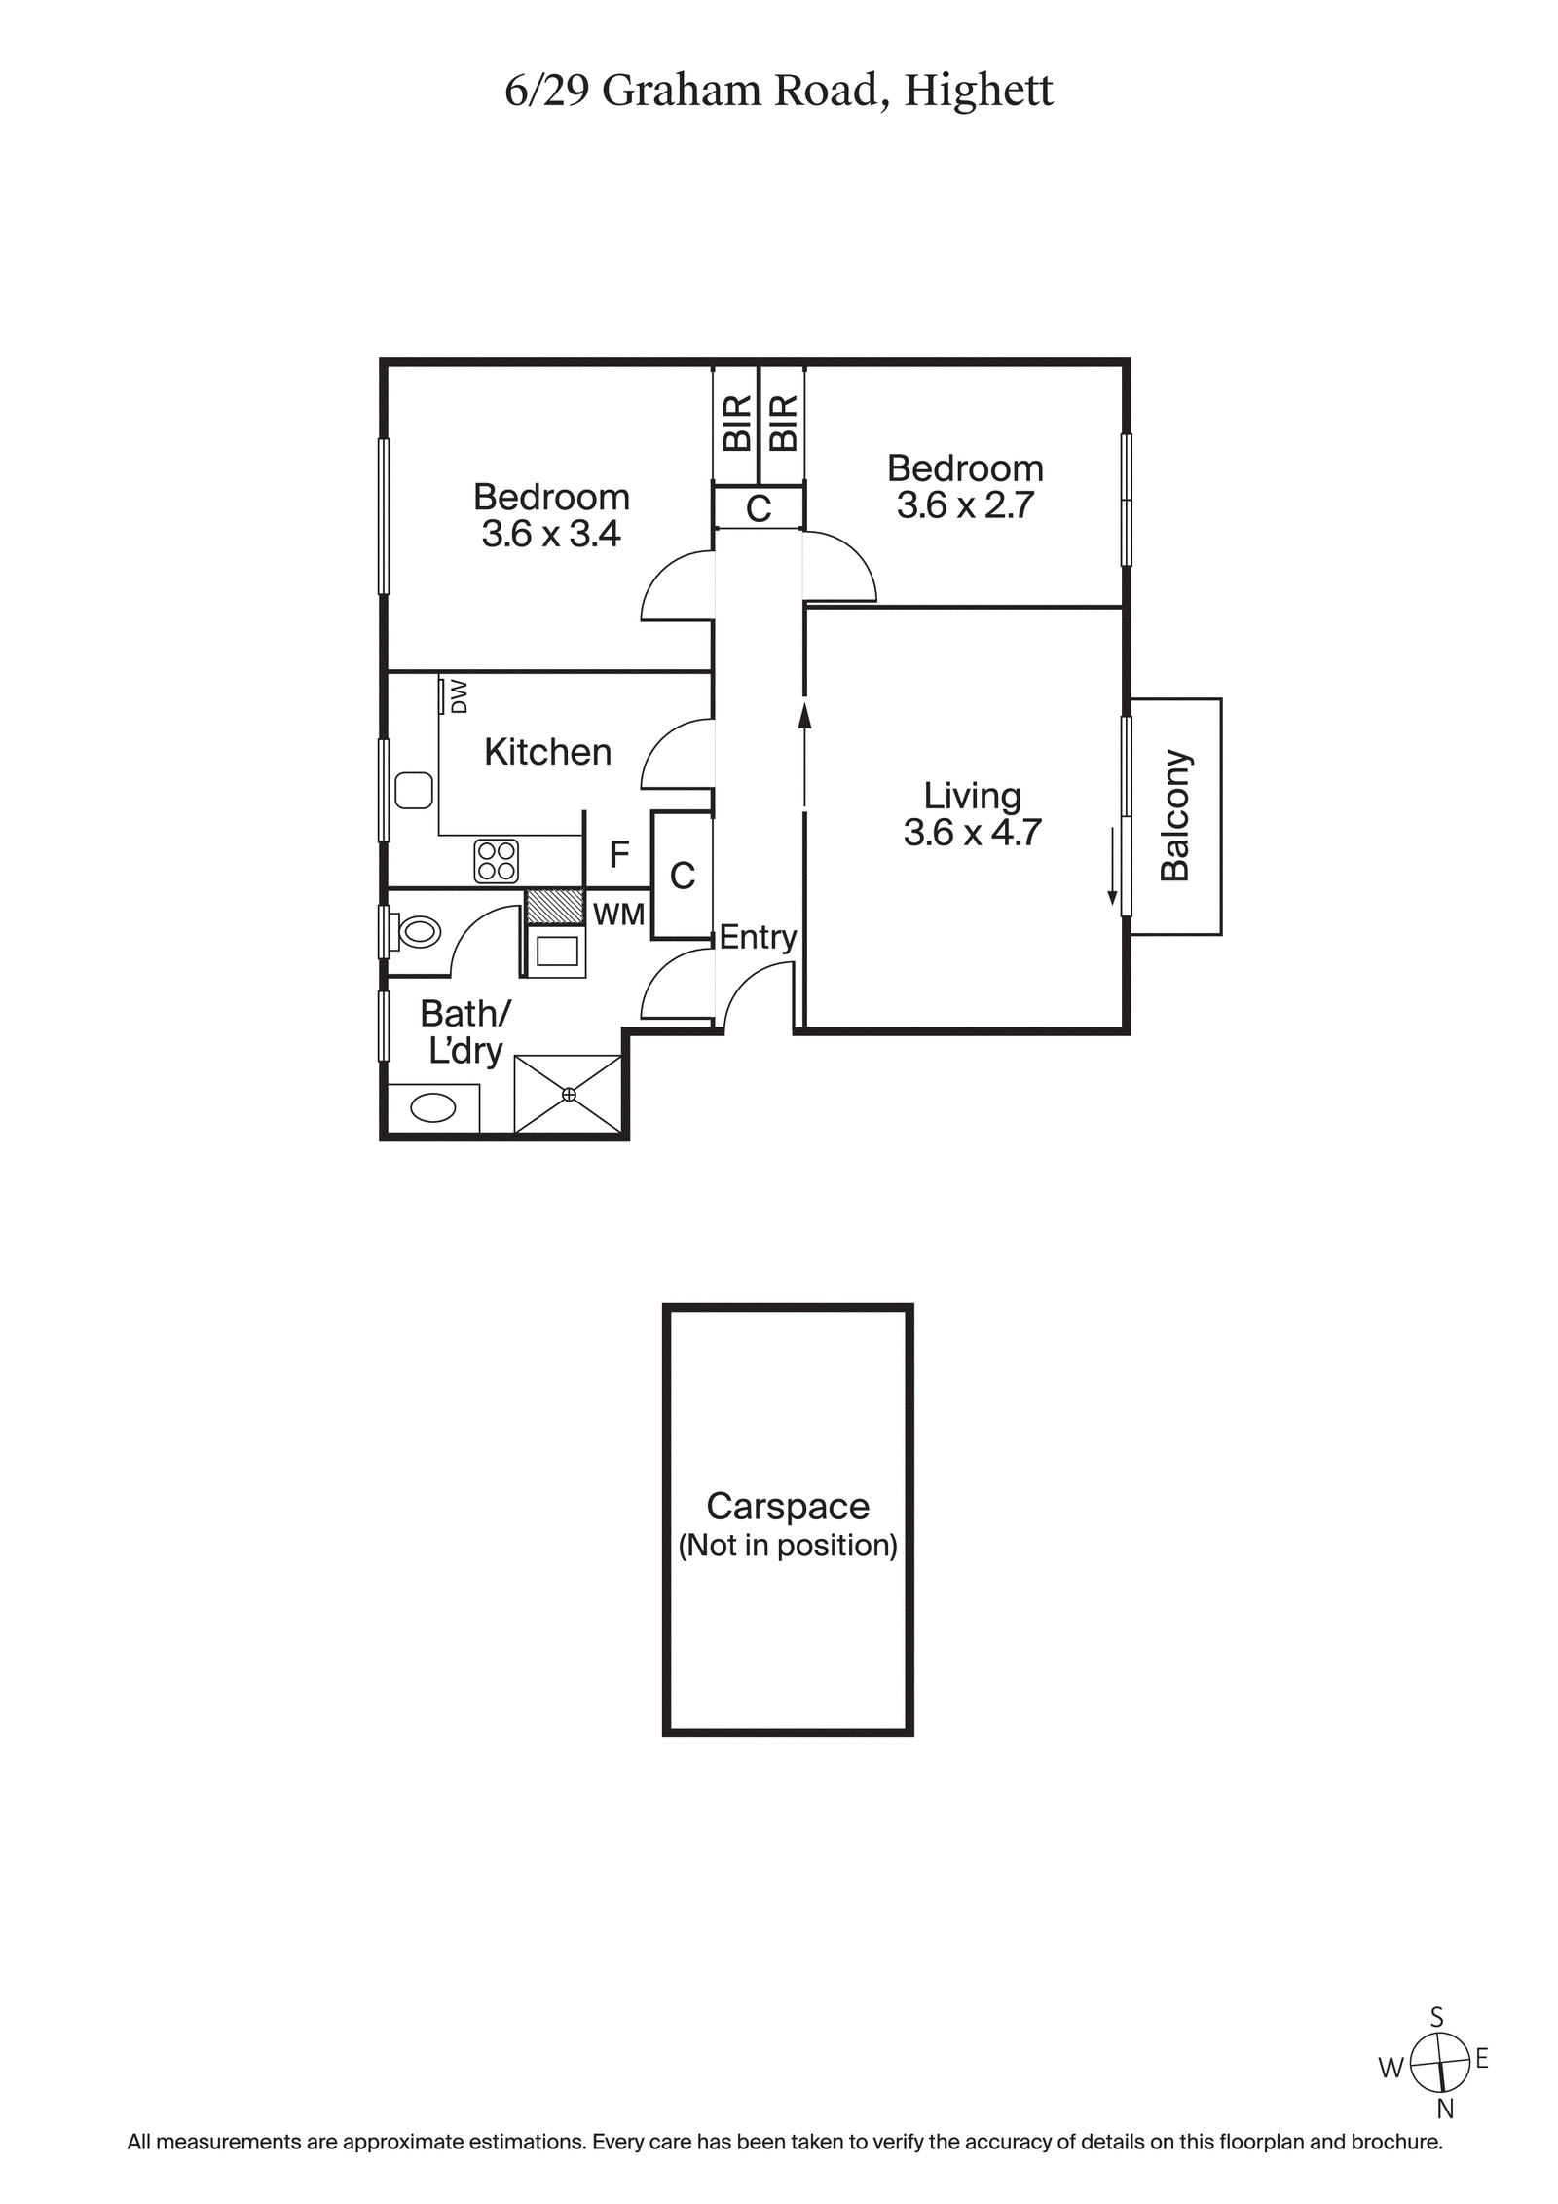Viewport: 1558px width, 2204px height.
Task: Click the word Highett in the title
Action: [x=978, y=92]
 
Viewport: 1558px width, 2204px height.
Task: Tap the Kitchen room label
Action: [x=547, y=752]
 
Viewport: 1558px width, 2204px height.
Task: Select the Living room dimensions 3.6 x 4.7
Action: [x=972, y=833]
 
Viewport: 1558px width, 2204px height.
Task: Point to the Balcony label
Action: [x=1175, y=815]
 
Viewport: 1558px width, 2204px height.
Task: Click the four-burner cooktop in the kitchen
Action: [x=496, y=861]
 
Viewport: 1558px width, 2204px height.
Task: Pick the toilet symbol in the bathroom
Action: [x=418, y=932]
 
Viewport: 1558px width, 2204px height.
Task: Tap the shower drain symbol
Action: [x=569, y=1095]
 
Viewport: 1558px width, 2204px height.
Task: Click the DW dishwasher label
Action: [x=460, y=696]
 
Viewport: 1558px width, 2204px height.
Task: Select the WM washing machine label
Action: [x=618, y=915]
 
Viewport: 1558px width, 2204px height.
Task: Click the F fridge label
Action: [x=618, y=855]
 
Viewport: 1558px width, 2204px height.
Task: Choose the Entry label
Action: [x=757, y=937]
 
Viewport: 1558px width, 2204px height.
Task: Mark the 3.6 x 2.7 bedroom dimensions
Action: [x=964, y=505]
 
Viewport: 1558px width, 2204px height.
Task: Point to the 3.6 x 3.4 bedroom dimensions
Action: [x=551, y=535]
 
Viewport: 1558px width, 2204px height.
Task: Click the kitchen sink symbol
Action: [x=414, y=790]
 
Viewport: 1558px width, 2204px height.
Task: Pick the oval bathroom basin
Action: [x=433, y=1107]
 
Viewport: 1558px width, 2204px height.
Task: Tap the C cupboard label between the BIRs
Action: [x=758, y=508]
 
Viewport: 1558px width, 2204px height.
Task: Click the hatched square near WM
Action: [x=554, y=906]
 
